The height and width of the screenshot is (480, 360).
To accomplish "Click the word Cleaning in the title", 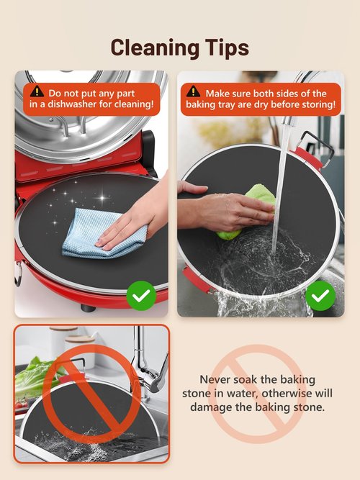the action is point(154,48).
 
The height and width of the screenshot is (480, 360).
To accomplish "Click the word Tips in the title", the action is point(226,48).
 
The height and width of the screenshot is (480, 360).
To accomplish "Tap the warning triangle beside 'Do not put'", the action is point(37,91).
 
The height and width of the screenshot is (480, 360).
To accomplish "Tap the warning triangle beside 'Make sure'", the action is point(193,91).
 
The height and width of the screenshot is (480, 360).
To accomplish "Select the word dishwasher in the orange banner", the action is point(72,104).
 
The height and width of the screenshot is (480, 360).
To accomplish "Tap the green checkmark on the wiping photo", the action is point(141,295).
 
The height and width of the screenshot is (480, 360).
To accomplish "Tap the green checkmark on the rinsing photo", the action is point(320,295).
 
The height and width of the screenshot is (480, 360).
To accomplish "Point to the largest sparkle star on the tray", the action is point(102,198).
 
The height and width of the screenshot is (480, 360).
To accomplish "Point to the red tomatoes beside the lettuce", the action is point(21,404).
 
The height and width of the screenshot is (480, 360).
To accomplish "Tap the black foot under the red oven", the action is point(88,307).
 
